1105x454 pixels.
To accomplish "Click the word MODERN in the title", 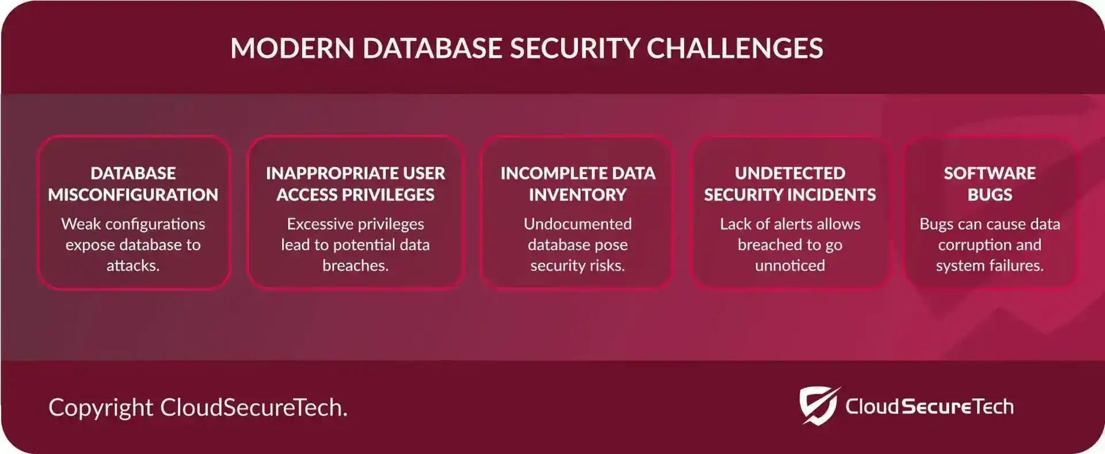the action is pyautogui.click(x=292, y=48).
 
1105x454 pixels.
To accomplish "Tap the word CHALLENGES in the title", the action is pyautogui.click(x=735, y=48).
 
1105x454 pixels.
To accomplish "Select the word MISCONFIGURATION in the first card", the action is pyautogui.click(x=133, y=195).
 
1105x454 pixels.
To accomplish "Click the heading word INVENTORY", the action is pyautogui.click(x=578, y=195).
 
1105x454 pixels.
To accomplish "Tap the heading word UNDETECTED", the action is pyautogui.click(x=790, y=173).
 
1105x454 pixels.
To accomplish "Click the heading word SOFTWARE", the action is pyautogui.click(x=990, y=173).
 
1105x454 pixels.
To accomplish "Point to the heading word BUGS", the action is pyautogui.click(x=990, y=195).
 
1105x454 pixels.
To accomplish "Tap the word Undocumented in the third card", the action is pyautogui.click(x=578, y=224).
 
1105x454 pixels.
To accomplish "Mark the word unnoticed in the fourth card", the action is pyautogui.click(x=790, y=266).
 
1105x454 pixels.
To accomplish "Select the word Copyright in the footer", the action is pyautogui.click(x=101, y=408).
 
